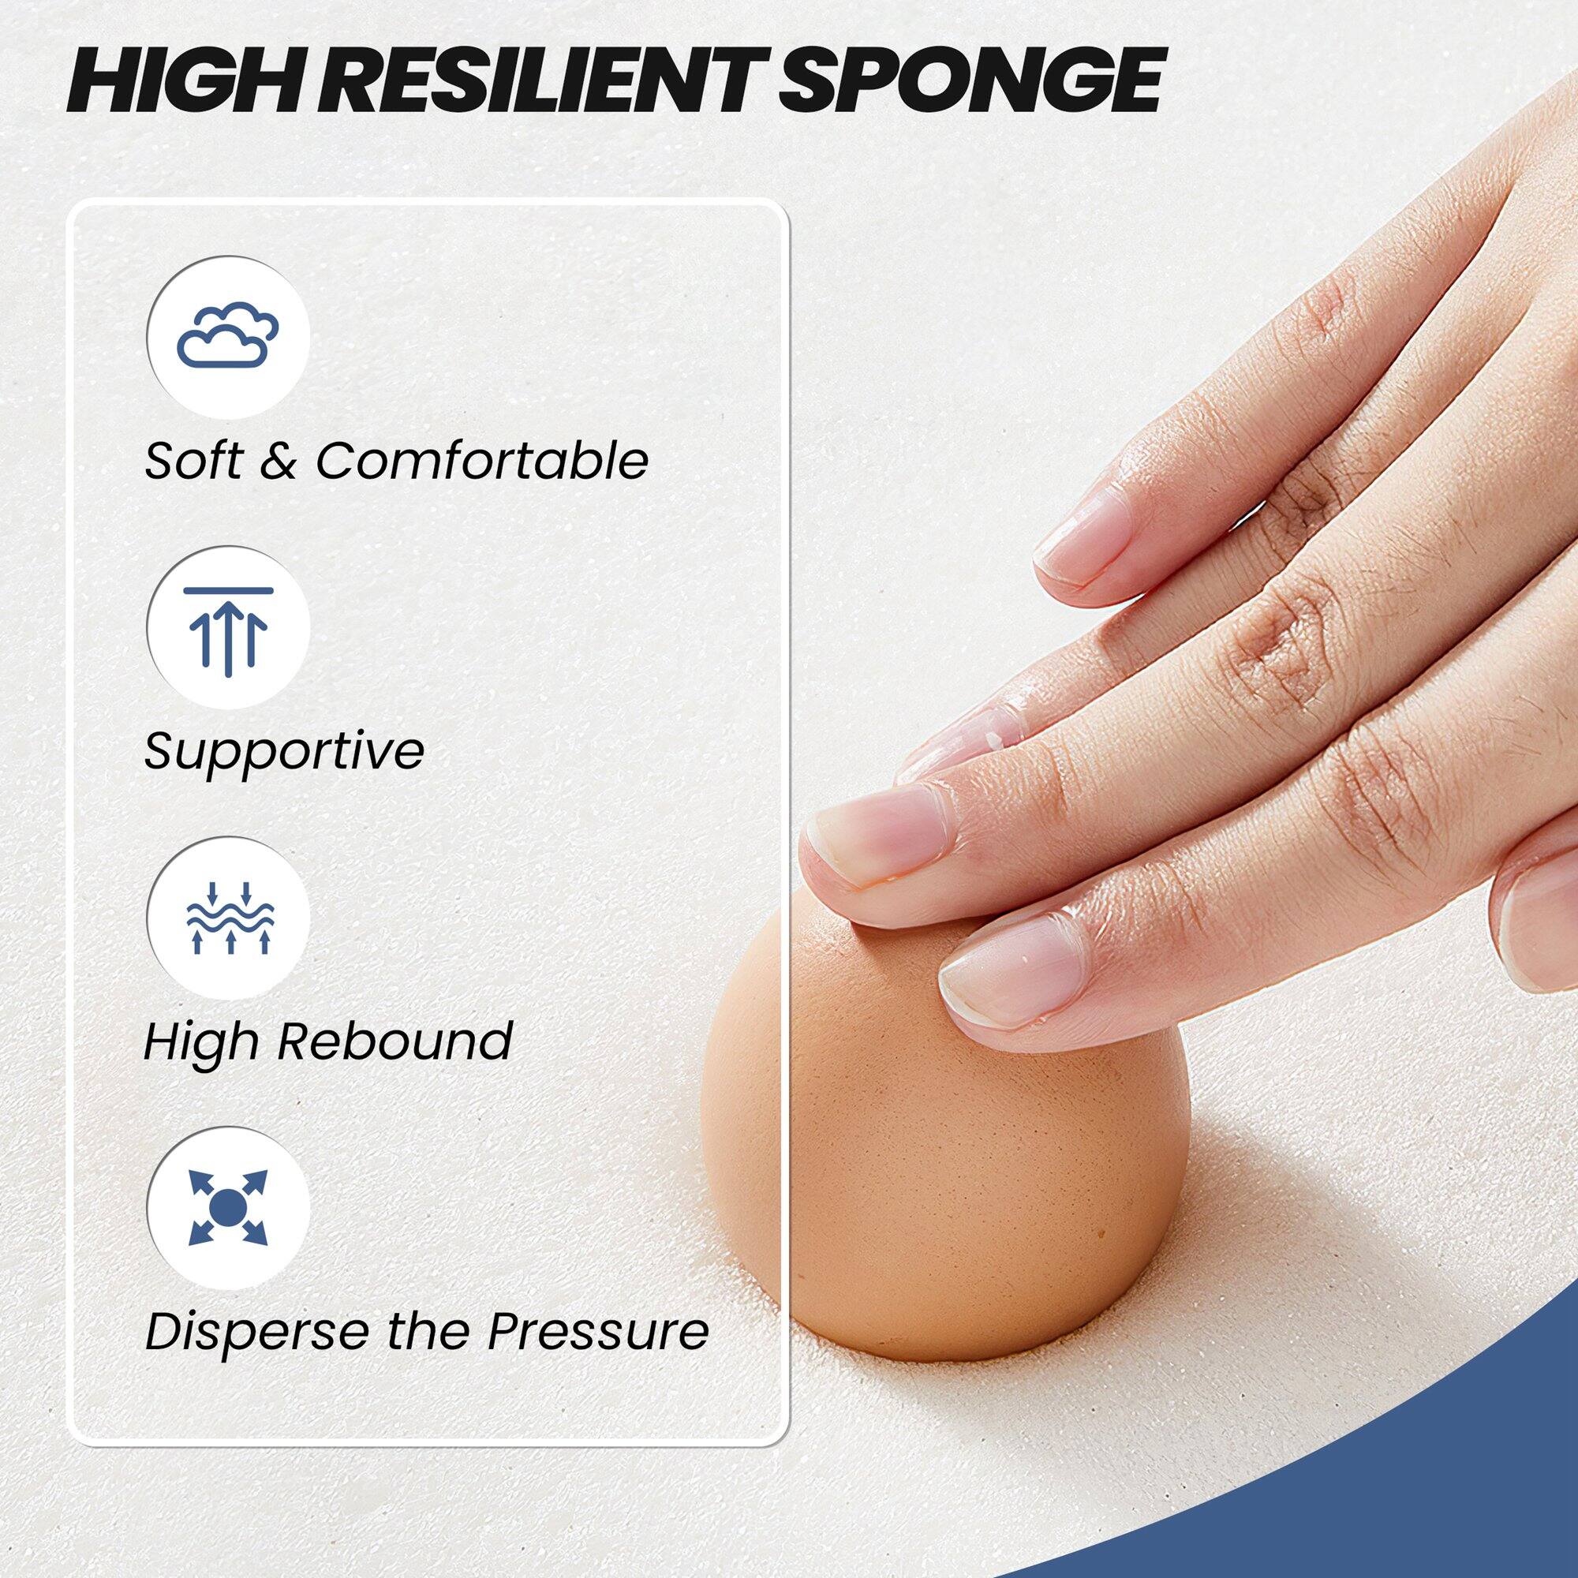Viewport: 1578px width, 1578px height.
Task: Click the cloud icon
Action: [x=228, y=335]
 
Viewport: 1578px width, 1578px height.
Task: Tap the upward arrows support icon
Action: [x=228, y=626]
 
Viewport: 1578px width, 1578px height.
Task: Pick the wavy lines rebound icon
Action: [x=228, y=918]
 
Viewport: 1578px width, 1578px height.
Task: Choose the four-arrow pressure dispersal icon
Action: [x=228, y=1207]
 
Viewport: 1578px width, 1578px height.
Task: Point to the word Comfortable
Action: [x=483, y=462]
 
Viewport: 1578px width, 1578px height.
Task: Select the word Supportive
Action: [x=284, y=752]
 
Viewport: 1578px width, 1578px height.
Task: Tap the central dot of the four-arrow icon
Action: [x=228, y=1207]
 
